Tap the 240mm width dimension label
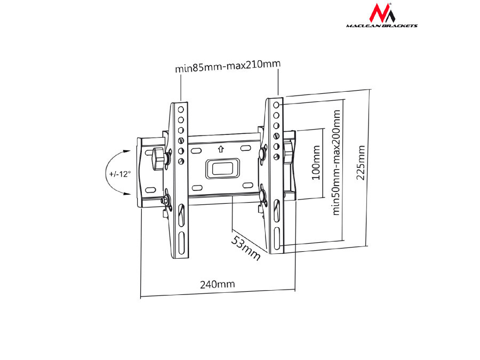(x=218, y=284)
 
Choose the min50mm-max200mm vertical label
(x=336, y=162)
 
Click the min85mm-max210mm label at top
(x=228, y=67)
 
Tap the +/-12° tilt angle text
(x=120, y=175)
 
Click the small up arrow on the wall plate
(x=221, y=149)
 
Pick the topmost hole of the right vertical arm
(x=276, y=105)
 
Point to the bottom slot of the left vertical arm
(x=181, y=245)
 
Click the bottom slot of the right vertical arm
(x=277, y=239)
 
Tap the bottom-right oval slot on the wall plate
(x=247, y=185)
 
